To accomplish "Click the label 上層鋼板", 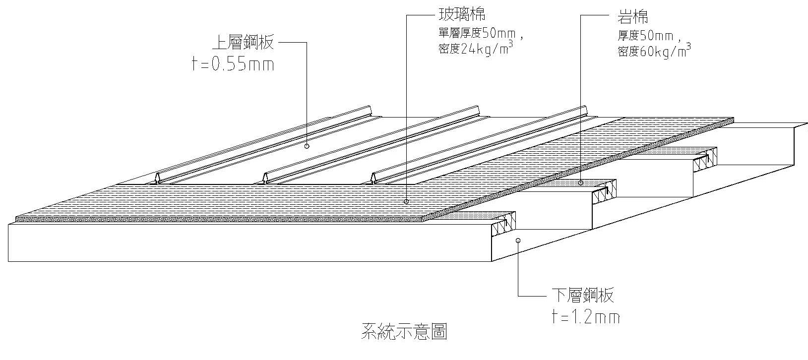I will click(243, 43).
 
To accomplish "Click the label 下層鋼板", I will click(583, 296).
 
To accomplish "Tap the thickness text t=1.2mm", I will click(585, 317).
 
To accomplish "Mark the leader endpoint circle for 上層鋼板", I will click(307, 146).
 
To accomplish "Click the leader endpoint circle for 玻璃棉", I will click(406, 201).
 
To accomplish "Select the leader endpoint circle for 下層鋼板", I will click(518, 240).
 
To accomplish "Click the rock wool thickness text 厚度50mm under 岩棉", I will click(645, 36).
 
